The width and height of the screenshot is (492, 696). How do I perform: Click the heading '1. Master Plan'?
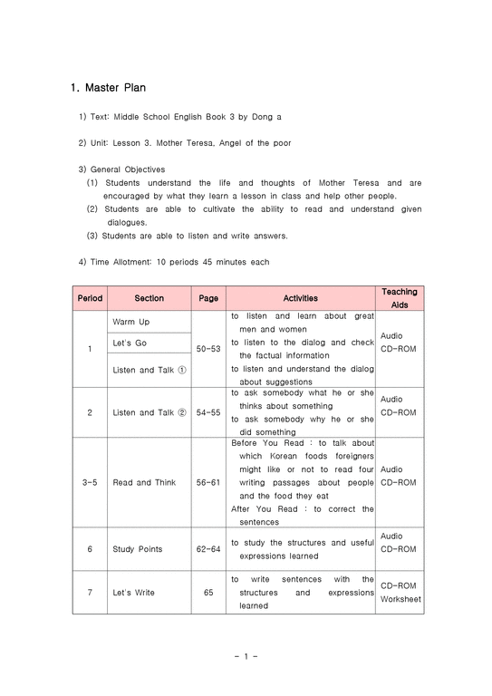pos(108,88)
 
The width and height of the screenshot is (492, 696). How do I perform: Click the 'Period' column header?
pos(90,298)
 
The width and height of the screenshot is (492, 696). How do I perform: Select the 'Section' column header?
pos(149,298)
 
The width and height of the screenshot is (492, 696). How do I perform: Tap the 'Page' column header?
pos(208,298)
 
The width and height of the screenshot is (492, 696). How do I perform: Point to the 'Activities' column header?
pos(300,298)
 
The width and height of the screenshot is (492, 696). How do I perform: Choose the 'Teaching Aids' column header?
pos(399,298)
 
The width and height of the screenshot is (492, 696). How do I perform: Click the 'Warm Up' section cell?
pos(131,323)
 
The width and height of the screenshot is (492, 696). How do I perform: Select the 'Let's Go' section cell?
pos(129,344)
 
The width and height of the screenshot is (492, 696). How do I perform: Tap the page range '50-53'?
pos(208,348)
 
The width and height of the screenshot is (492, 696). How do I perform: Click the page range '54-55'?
pos(208,413)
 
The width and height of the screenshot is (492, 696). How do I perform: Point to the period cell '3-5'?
pos(90,483)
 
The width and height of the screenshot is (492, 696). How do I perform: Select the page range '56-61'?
pos(208,483)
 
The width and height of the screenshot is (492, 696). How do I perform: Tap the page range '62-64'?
pos(208,549)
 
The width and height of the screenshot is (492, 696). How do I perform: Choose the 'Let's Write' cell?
pos(134,593)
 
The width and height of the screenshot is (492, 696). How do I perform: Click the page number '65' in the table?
pos(208,593)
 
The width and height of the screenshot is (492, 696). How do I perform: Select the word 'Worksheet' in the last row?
pos(400,599)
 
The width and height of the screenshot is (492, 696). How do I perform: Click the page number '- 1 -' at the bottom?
pos(245,656)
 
